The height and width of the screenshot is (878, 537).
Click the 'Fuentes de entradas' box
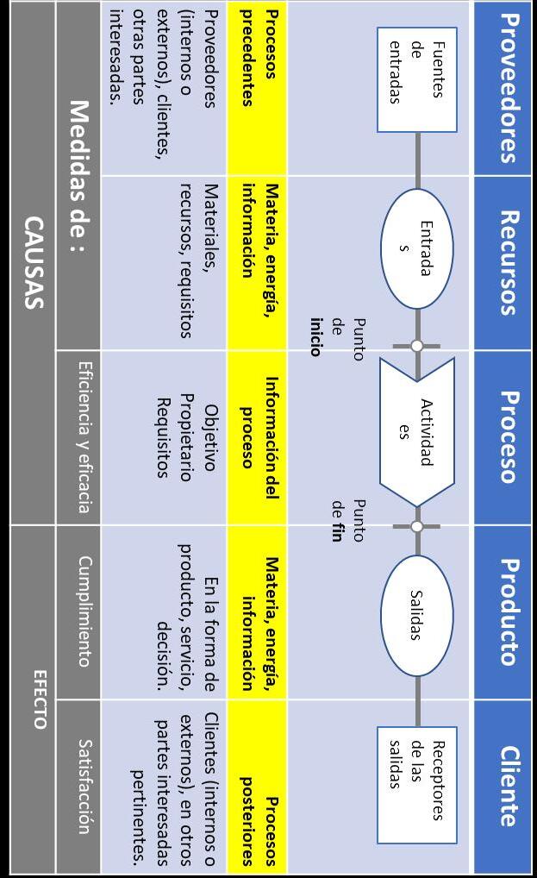(x=417, y=79)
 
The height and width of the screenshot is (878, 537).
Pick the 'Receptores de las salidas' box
(x=417, y=784)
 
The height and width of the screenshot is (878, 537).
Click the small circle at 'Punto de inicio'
(x=417, y=346)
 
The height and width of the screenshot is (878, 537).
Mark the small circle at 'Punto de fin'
(x=417, y=525)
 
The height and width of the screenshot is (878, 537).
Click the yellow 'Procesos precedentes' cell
(x=257, y=88)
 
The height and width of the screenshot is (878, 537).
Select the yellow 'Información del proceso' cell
(x=257, y=436)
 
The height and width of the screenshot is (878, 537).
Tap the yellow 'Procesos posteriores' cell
(x=257, y=786)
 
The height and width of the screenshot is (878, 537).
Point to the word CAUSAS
(x=34, y=262)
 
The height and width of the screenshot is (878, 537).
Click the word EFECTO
(x=39, y=698)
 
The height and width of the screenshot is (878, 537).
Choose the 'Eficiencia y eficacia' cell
(x=84, y=436)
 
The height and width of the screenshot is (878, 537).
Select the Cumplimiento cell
(x=84, y=611)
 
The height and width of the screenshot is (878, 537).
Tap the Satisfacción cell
(x=84, y=786)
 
